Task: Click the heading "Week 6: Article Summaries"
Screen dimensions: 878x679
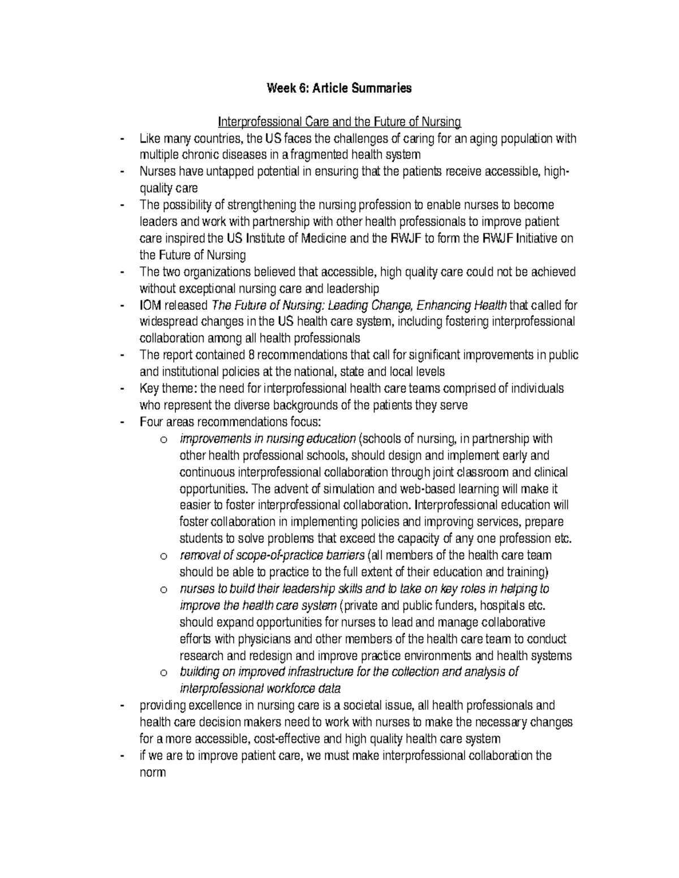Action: (339, 88)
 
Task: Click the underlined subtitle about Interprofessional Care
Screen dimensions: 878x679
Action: (339, 122)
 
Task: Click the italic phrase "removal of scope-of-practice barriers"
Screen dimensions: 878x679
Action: (272, 555)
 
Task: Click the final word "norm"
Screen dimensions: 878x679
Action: (153, 772)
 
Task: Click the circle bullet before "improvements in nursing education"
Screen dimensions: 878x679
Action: (164, 440)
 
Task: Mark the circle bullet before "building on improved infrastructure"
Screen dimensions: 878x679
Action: (164, 673)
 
